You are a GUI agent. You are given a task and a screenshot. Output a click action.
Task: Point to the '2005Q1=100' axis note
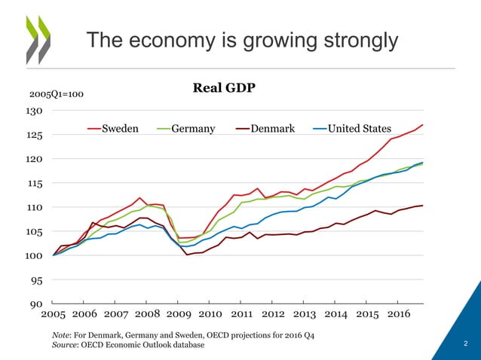[x=57, y=95]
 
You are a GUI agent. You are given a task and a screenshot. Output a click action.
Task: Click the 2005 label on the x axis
[x=53, y=314]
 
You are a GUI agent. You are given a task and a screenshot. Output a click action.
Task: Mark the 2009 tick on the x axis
[x=179, y=314]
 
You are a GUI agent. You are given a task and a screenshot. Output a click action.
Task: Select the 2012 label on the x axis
[x=273, y=314]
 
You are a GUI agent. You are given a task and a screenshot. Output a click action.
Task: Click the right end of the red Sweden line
[x=422, y=125]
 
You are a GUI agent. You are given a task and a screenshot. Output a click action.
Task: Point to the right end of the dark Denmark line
[x=422, y=206]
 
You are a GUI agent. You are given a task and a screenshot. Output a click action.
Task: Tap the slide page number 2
[x=465, y=345]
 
